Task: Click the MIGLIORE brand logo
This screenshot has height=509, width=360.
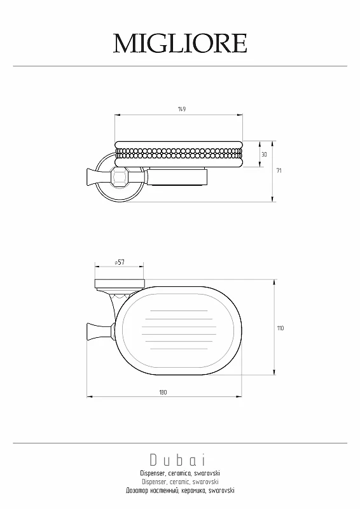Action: (x=180, y=43)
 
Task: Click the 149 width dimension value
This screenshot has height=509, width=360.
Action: (x=182, y=109)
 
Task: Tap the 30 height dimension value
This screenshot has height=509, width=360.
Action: (x=264, y=155)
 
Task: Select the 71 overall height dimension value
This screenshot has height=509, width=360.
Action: (x=279, y=171)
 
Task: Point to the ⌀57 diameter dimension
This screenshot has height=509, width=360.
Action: (x=120, y=262)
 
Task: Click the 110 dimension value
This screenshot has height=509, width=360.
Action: (x=280, y=328)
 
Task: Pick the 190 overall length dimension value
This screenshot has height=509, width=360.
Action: (x=163, y=393)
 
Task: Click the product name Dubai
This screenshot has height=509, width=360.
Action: (x=177, y=460)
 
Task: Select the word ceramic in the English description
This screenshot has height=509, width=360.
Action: (x=179, y=482)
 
